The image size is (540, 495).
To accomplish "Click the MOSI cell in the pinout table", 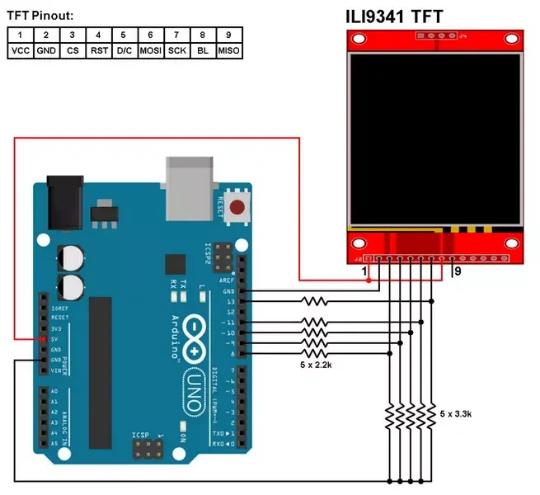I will point(150,50).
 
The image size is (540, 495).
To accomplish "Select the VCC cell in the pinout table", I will point(20,50).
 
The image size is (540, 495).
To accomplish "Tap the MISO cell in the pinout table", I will point(228,50).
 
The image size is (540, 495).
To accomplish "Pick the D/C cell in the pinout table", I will point(124,50).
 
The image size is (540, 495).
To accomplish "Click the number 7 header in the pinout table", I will point(176,35).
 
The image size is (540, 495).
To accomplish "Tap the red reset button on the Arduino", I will point(238,208).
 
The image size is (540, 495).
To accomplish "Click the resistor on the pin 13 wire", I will point(316,302).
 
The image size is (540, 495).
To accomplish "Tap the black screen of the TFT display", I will point(435,141).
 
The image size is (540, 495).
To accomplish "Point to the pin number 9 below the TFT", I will point(458,271).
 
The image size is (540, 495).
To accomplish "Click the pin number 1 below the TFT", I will point(364,271).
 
